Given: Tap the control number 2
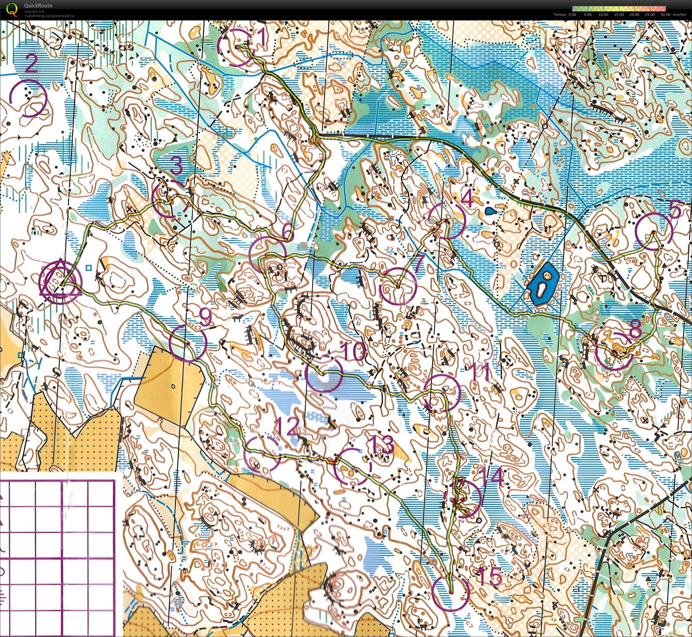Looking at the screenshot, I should tap(31, 64).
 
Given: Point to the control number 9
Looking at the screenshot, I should tap(205, 317).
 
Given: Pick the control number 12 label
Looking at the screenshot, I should tap(287, 427).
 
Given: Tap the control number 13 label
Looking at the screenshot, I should tap(381, 445).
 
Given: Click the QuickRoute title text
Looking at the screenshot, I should tap(38, 6).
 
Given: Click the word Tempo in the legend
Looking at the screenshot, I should tap(560, 15).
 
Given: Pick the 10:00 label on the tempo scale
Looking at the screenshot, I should tap(603, 15).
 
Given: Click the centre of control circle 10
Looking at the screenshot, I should tap(324, 374).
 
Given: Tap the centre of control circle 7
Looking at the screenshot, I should tap(398, 286).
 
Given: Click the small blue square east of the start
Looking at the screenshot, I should tap(89, 267).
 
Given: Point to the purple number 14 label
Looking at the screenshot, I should tap(491, 477).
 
